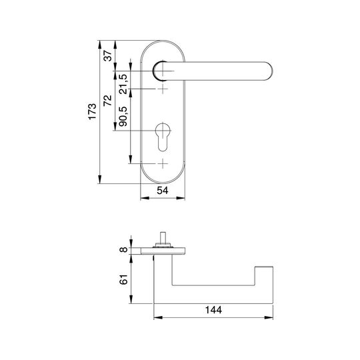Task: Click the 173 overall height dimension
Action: (92, 111)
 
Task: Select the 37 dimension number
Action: (108, 55)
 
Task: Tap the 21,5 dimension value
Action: (123, 84)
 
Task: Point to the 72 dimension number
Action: (107, 100)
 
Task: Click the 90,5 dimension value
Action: (123, 117)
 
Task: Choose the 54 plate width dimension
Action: (163, 190)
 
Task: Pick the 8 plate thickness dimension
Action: (123, 249)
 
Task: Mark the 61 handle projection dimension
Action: (123, 279)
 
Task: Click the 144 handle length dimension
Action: (213, 310)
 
